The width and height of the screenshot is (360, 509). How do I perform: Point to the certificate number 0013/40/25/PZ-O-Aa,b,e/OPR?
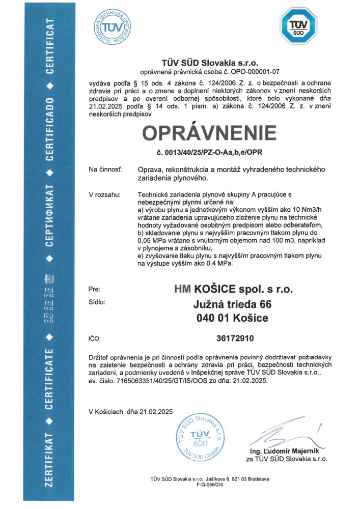click(x=209, y=152)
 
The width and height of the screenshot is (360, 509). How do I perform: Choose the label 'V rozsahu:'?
click(x=104, y=194)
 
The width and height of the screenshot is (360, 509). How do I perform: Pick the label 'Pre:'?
click(x=94, y=289)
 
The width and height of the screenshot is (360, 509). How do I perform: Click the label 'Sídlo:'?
click(x=97, y=302)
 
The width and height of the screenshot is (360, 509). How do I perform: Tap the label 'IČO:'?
click(x=95, y=338)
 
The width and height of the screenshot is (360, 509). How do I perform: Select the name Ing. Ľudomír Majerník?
click(x=285, y=451)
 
